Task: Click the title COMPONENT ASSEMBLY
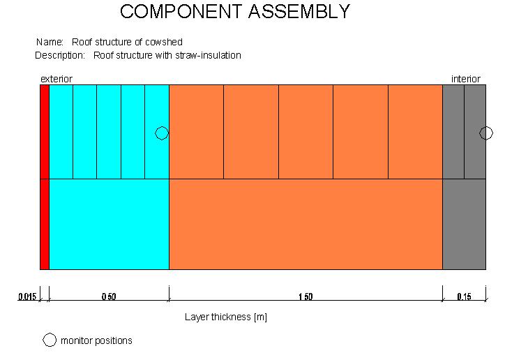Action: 235,11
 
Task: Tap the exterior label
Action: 56,79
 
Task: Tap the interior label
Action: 465,79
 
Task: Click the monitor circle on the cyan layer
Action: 162,133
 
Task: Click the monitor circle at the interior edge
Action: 486,133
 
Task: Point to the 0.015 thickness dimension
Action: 27,297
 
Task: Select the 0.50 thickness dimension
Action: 109,297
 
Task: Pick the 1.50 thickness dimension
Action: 306,297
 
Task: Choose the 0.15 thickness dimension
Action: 464,297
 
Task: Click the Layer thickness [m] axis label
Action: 226,317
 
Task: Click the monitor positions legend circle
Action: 50,340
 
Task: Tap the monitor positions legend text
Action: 96,340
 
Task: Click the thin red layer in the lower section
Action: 45,224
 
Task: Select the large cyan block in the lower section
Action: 110,224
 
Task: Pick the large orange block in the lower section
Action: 306,224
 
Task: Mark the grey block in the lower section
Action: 464,224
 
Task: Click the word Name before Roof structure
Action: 50,42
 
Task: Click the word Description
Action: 60,55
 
